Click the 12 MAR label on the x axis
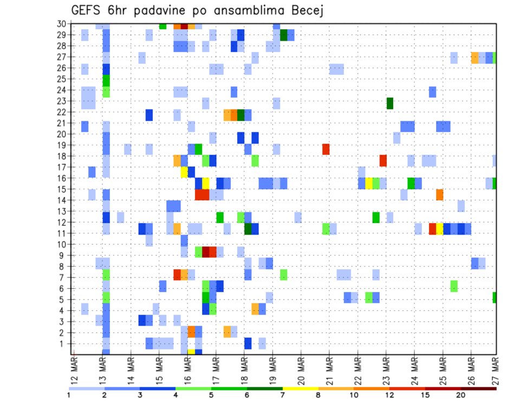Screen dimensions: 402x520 (74, 371)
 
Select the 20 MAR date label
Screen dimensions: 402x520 (301, 371)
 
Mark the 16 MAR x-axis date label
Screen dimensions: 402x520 (187, 371)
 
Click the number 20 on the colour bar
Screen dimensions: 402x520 (461, 395)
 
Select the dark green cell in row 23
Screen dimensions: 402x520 (389, 103)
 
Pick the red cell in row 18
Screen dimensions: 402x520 (383, 160)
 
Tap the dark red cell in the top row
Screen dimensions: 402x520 (184, 26)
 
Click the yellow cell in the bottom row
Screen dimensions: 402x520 (191, 352)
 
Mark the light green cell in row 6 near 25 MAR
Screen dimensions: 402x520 (454, 286)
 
